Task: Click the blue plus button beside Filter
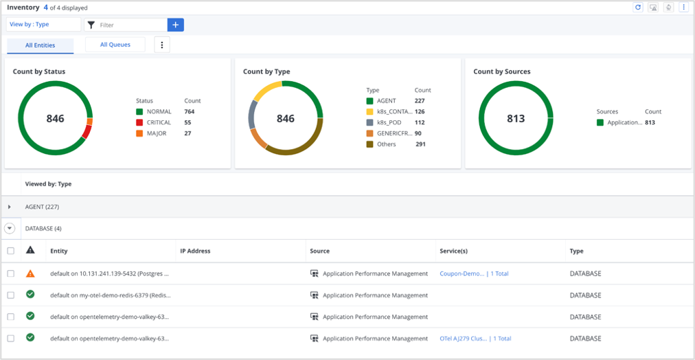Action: point(175,25)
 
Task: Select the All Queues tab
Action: point(115,45)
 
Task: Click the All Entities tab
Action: point(41,45)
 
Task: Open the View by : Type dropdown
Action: point(43,25)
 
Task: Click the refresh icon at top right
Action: point(638,8)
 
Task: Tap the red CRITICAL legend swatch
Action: point(139,122)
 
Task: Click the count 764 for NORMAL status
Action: point(189,111)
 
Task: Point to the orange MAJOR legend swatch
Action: point(139,133)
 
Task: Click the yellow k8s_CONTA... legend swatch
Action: point(369,112)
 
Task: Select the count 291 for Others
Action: point(420,144)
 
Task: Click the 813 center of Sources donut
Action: point(516,118)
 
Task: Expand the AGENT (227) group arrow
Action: point(10,207)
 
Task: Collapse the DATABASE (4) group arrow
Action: point(10,229)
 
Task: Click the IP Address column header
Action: point(195,251)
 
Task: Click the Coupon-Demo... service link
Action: point(462,273)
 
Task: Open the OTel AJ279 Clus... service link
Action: point(463,339)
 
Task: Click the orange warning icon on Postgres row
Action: point(30,273)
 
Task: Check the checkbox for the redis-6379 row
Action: point(10,295)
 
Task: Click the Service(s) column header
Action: point(453,251)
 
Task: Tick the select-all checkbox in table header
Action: point(10,251)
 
